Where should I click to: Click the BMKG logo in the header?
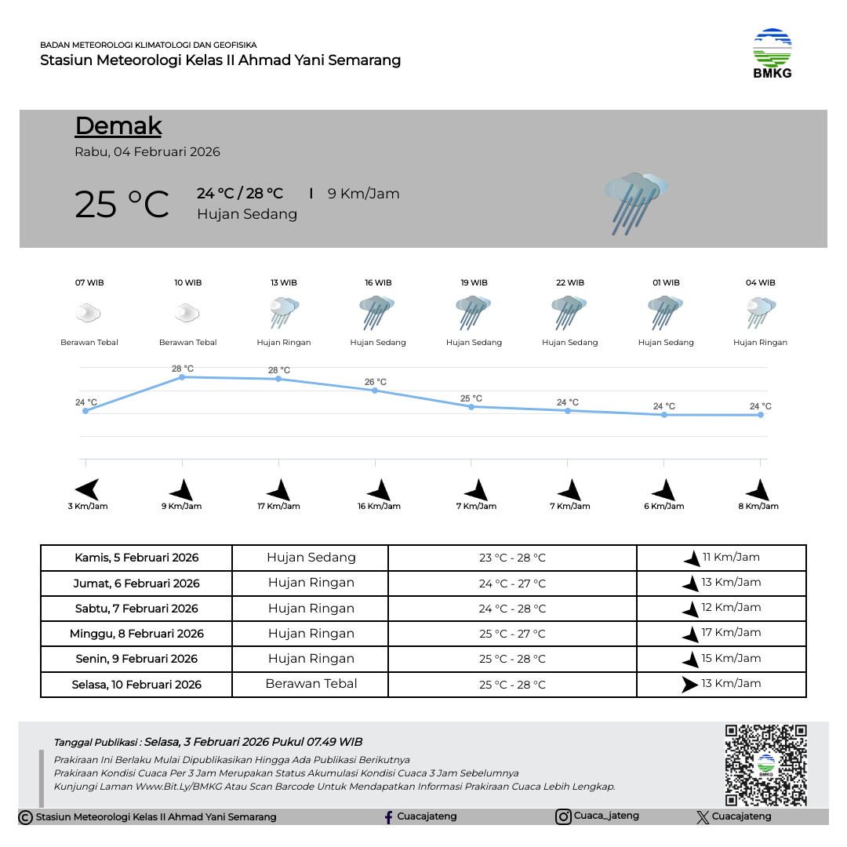(772, 53)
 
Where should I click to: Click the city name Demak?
(118, 125)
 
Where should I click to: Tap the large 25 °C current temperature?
(122, 204)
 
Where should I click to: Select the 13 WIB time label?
(284, 282)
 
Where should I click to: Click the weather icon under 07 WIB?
(88, 314)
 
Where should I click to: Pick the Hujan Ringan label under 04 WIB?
(760, 343)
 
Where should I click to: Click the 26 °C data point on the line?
(375, 391)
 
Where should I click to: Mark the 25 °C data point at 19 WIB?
(471, 406)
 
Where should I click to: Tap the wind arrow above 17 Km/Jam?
(279, 490)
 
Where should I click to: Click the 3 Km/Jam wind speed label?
(88, 507)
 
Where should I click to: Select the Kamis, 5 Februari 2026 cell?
(136, 558)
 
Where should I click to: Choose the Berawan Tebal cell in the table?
(311, 684)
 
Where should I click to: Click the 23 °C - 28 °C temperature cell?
(512, 558)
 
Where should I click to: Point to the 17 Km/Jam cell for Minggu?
(731, 633)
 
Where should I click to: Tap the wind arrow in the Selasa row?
(689, 684)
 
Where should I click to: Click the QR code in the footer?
(765, 765)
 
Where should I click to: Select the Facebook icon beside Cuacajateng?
(388, 817)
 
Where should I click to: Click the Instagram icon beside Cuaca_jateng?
(563, 817)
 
